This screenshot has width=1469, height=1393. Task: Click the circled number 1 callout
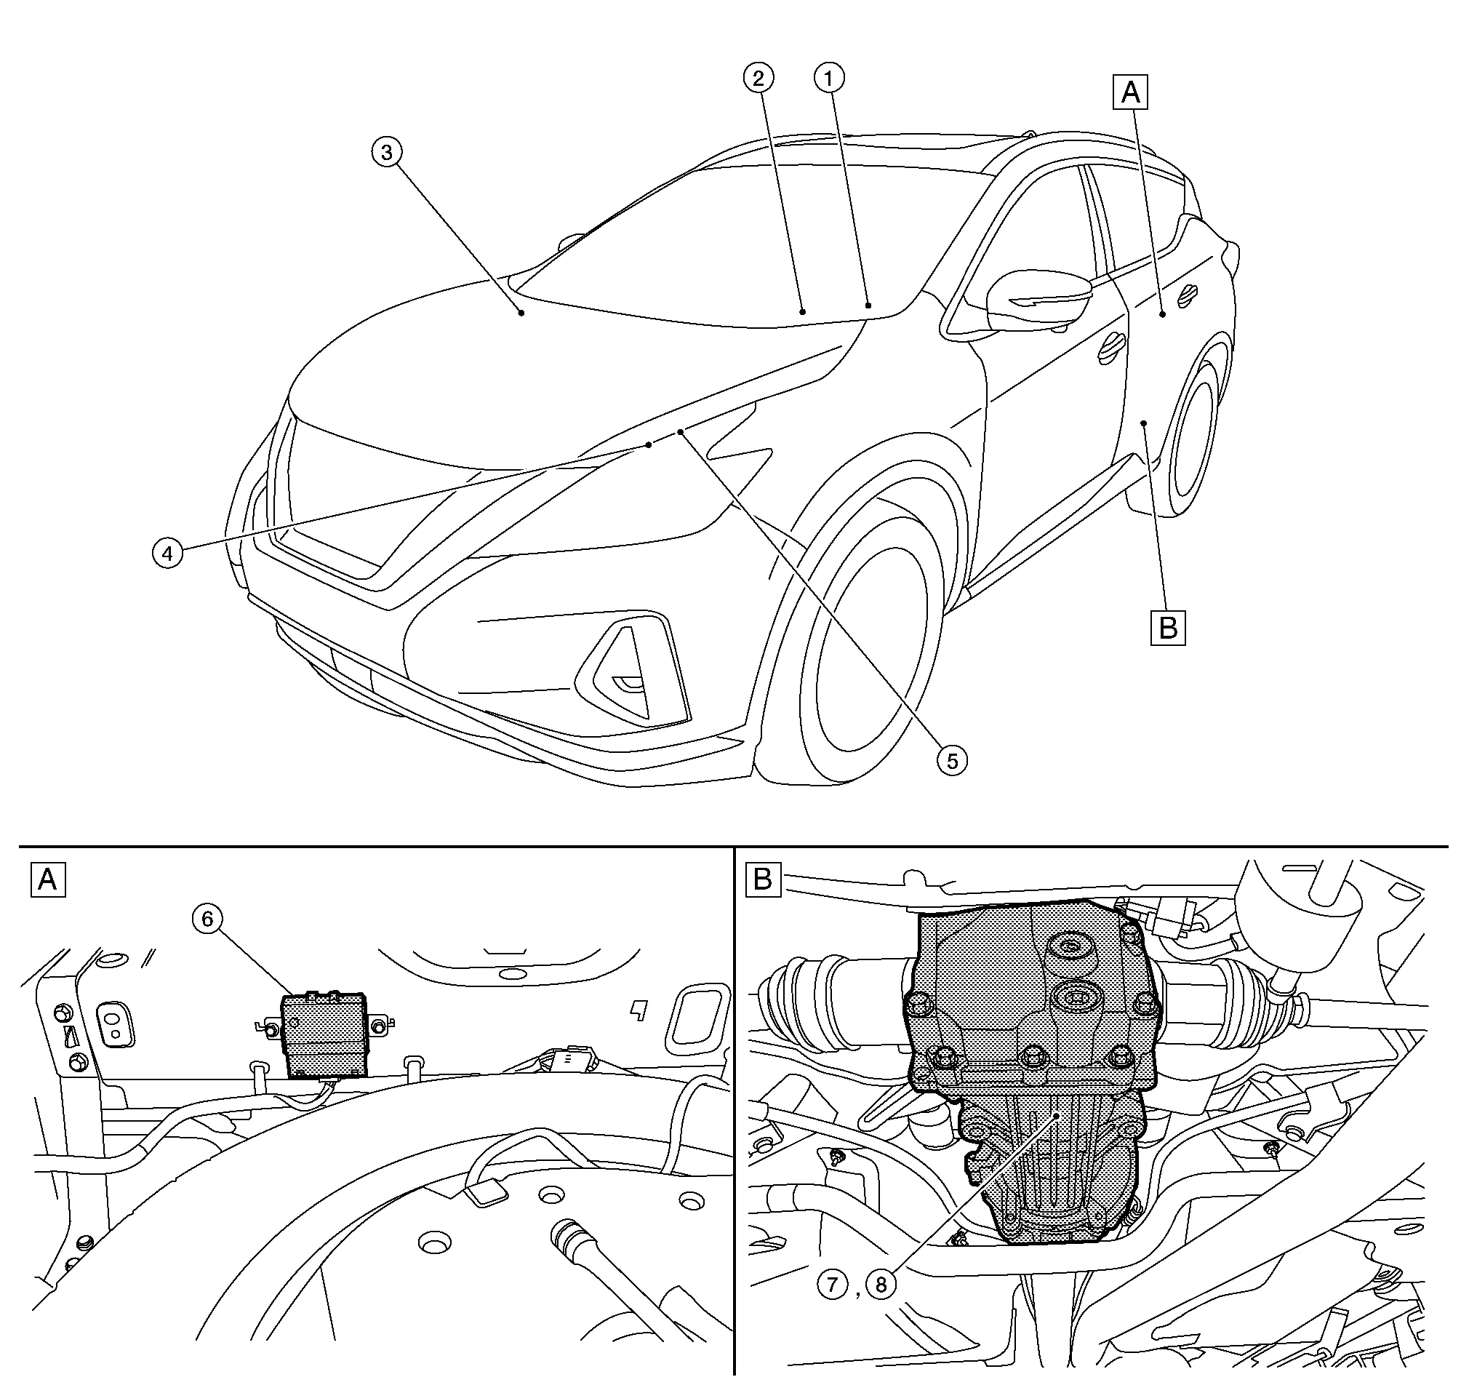point(829,78)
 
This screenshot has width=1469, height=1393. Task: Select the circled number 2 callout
point(758,78)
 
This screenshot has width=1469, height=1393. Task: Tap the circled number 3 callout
point(387,152)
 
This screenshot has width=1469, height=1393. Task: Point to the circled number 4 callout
point(168,553)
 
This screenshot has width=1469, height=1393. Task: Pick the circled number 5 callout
point(952,759)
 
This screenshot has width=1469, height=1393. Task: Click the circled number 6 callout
point(207,919)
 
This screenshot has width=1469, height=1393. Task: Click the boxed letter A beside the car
point(1130,93)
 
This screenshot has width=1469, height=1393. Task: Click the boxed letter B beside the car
point(1168,628)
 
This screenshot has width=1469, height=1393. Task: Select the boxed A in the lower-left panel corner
point(47,879)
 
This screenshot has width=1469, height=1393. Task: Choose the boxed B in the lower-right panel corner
point(762,879)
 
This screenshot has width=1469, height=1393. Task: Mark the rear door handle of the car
point(1188,295)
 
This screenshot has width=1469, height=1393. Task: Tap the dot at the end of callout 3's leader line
point(522,314)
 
